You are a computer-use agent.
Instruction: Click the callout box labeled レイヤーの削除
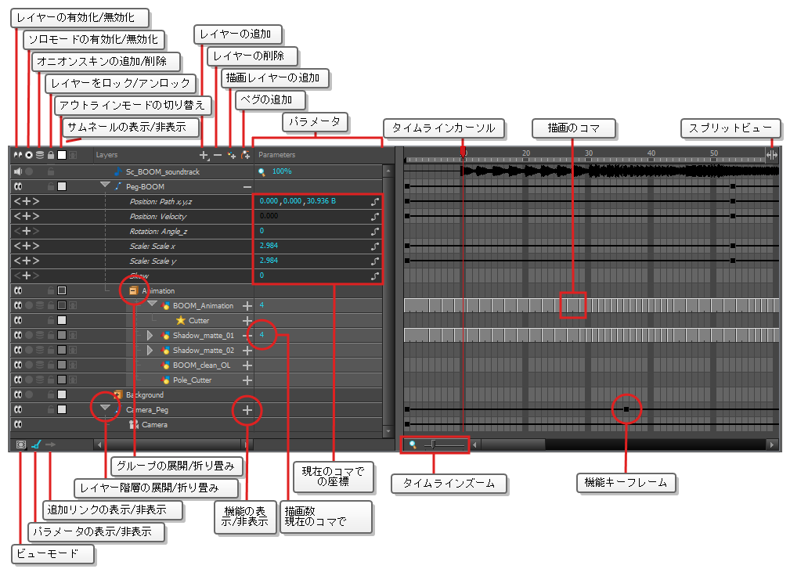point(252,56)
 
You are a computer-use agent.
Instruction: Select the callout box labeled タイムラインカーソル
point(443,128)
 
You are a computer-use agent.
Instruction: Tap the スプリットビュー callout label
point(730,128)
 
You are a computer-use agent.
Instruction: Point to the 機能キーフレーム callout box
point(626,483)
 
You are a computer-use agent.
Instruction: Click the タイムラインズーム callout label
point(449,484)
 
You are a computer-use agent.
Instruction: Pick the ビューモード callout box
point(52,554)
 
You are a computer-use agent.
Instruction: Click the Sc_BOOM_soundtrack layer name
point(163,171)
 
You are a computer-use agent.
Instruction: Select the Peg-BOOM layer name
point(145,187)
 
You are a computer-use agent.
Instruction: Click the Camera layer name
point(155,425)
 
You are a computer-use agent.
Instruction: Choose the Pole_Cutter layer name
point(192,380)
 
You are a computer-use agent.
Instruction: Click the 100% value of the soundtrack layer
point(282,171)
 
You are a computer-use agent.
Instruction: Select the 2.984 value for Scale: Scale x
point(269,246)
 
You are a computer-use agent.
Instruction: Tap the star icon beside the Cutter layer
point(180,320)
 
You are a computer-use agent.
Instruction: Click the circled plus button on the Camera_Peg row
point(247,410)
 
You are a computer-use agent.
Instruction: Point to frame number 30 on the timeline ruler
point(589,153)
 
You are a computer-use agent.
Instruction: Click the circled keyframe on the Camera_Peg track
point(626,409)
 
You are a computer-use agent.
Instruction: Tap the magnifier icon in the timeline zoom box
point(413,445)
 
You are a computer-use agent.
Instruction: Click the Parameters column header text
point(276,155)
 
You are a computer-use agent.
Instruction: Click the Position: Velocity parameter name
point(157,217)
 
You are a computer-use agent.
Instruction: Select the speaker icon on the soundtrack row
point(18,171)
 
